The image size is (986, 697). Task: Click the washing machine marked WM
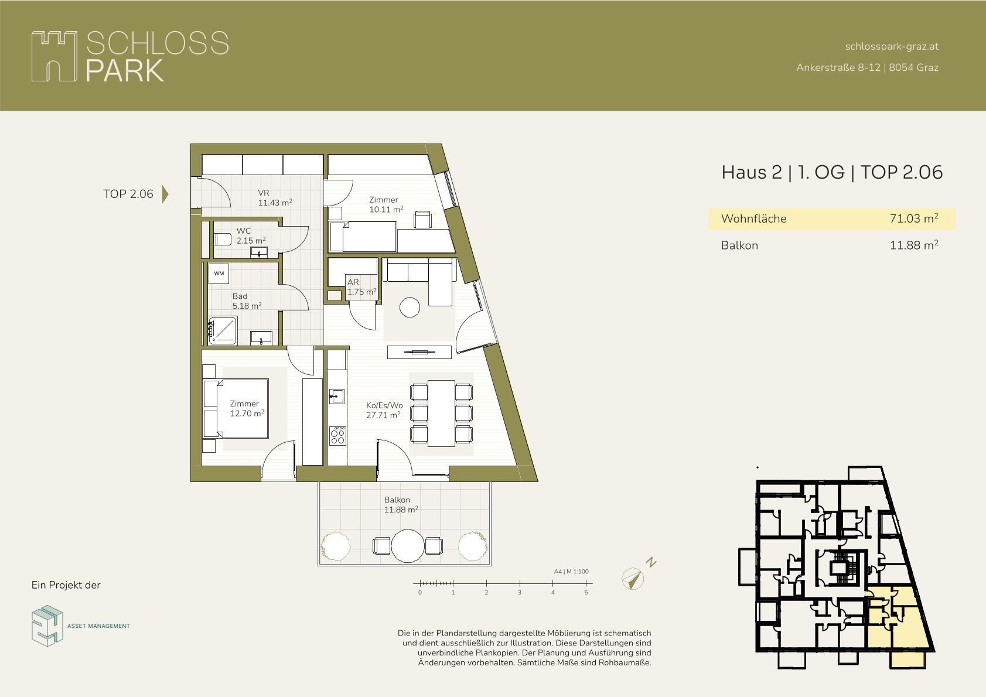point(219,274)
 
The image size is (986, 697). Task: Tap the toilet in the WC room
point(222,239)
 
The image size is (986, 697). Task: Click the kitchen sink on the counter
point(337,396)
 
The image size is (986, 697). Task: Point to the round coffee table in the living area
point(410,307)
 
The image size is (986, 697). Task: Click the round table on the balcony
point(408,546)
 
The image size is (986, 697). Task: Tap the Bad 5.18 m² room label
point(247,301)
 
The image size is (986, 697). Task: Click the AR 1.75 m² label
point(362,287)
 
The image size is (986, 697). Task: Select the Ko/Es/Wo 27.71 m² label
point(384,410)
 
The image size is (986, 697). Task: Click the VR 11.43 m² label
point(275,198)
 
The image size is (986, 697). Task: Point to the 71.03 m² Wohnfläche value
point(914,218)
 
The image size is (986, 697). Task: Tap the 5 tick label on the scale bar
point(586,592)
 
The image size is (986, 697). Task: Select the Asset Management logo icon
point(47,626)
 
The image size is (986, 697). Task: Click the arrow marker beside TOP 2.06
point(165,194)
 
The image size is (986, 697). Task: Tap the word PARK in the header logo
point(125,70)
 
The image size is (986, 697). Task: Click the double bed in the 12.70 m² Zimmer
point(236,408)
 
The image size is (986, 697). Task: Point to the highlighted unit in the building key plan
point(898,625)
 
